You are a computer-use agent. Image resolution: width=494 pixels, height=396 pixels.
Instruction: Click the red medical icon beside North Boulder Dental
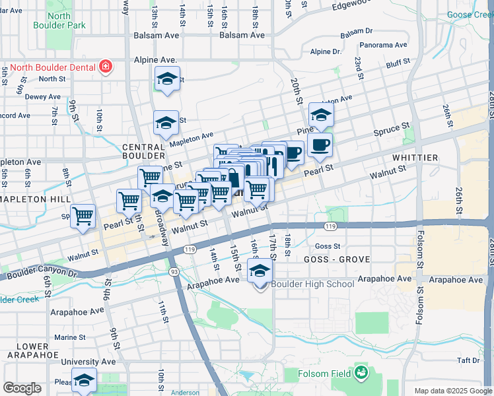coord(105,66)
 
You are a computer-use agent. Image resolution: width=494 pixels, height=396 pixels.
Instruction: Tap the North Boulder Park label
coord(58,20)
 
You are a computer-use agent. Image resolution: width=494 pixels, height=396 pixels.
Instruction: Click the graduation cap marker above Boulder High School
coord(260,271)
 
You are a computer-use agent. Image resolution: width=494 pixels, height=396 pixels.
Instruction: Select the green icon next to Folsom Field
coord(361,373)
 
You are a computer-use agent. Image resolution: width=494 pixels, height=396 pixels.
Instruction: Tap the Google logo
coord(22,388)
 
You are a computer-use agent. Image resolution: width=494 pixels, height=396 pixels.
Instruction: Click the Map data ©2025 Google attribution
coord(453,391)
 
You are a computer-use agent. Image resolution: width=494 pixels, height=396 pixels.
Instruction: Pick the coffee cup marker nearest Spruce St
coord(320,145)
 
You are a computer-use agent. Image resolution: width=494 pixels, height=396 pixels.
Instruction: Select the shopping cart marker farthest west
coord(83,216)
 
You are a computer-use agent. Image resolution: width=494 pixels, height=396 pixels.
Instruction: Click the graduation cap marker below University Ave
coord(84,380)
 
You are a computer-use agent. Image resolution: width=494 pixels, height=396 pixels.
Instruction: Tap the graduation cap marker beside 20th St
coord(321,115)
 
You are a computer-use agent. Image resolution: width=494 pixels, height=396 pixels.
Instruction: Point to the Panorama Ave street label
coord(383,46)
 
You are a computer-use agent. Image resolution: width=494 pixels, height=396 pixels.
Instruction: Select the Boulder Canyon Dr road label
coord(48,274)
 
